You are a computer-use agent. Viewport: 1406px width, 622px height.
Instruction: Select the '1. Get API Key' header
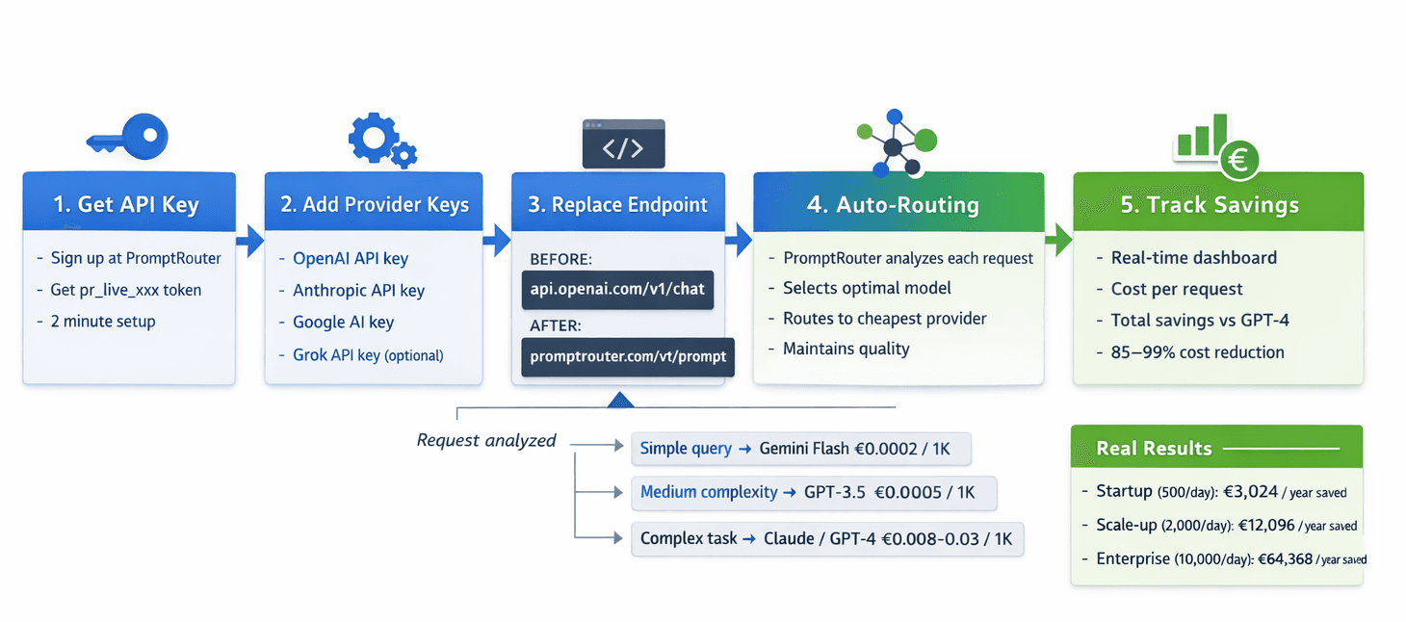point(128,204)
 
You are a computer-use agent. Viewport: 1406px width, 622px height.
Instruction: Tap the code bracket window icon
point(624,144)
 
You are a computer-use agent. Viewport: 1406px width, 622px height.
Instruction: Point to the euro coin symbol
point(1238,161)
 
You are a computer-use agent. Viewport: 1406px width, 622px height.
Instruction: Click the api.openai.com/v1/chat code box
point(617,289)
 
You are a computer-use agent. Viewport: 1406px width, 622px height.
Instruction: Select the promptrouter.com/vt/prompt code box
point(627,356)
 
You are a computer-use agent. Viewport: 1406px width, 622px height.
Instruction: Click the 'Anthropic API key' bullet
point(358,290)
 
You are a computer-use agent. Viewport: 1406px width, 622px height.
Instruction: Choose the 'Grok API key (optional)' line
point(368,354)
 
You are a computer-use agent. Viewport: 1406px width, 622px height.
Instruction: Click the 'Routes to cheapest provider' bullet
point(884,318)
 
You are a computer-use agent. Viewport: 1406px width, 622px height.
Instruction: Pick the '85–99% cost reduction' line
point(1197,351)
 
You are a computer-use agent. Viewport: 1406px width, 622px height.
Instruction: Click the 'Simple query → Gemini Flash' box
point(801,449)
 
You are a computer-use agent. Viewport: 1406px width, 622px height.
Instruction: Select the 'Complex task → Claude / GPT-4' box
point(826,538)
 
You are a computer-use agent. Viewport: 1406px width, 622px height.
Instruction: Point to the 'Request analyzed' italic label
point(486,440)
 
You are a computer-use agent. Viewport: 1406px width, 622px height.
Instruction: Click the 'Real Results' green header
point(1216,448)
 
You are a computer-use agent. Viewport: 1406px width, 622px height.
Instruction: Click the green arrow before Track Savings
point(1057,241)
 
